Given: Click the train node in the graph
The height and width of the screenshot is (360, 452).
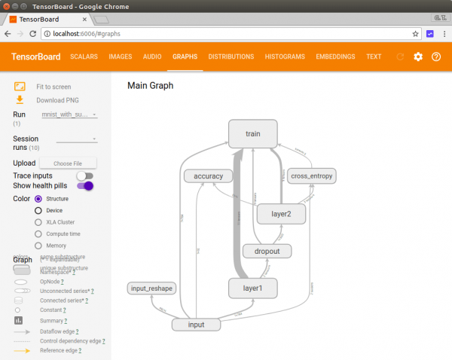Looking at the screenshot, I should tap(252, 133).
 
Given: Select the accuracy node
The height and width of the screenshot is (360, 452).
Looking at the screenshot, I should tap(208, 176).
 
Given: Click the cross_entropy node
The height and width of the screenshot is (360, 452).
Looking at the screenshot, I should tap(311, 176).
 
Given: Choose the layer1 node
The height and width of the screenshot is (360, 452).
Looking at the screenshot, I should tap(252, 287).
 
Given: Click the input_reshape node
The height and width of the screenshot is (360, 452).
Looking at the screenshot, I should tap(151, 288).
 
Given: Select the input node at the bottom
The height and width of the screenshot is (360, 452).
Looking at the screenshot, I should tap(196, 325).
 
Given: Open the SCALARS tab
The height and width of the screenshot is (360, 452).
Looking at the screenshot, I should tap(84, 56).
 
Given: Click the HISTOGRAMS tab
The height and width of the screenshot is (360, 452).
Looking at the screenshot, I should tap(285, 56).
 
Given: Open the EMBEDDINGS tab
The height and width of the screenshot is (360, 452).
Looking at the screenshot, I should tap(335, 56).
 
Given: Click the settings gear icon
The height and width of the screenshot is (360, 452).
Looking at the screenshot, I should tap(418, 56).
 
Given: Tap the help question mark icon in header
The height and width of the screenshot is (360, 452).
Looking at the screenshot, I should tap(436, 56).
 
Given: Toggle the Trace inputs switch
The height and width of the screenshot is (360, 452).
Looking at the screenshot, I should tap(84, 175).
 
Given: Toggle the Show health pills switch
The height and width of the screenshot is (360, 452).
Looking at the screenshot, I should tap(84, 186).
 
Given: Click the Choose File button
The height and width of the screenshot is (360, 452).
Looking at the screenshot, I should tap(67, 163).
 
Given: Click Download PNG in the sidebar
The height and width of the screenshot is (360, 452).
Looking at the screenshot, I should tap(57, 100).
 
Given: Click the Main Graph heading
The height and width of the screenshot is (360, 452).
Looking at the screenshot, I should tap(151, 85).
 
